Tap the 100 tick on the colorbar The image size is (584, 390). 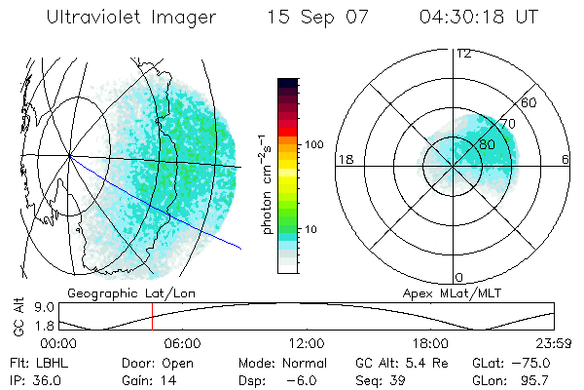[314, 144]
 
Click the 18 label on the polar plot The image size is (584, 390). [345, 159]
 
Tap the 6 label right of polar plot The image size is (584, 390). [566, 159]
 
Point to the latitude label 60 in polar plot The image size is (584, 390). [529, 102]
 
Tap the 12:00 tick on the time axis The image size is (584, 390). [306, 343]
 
